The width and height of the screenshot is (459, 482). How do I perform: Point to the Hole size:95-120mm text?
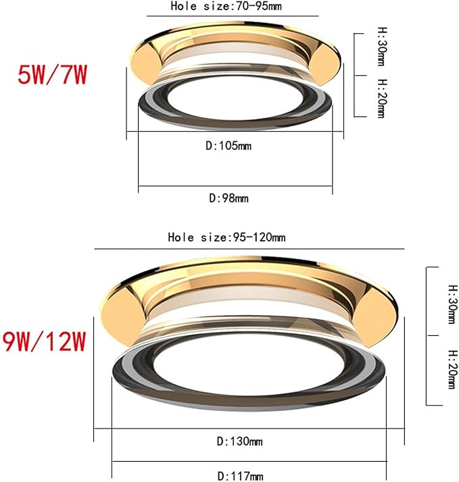[226, 237]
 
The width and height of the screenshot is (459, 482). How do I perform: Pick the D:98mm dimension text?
[228, 198]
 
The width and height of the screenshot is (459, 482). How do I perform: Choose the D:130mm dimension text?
[239, 441]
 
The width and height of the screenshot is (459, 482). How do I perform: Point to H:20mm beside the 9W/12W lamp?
[451, 369]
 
